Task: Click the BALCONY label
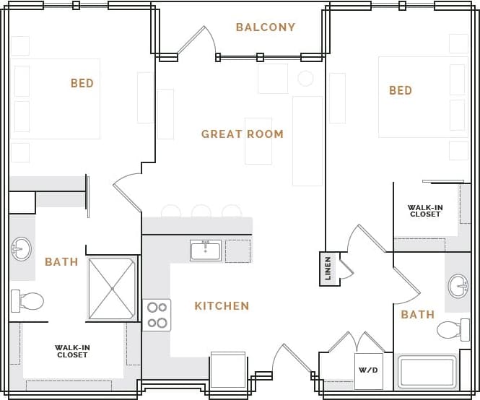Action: [x=266, y=27]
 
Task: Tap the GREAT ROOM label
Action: [x=243, y=134]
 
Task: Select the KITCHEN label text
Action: [x=222, y=306]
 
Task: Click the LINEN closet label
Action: [x=328, y=269]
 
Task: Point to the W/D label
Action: [x=368, y=370]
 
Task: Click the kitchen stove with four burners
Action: [x=157, y=315]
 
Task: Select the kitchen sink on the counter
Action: [x=206, y=251]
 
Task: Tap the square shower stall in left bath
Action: [x=112, y=289]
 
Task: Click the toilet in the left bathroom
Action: [x=27, y=300]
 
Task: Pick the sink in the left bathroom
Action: [x=22, y=249]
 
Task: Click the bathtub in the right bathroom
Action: [x=427, y=372]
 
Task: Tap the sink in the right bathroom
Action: [x=458, y=286]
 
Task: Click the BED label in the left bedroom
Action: [x=82, y=84]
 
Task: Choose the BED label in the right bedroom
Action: [x=401, y=91]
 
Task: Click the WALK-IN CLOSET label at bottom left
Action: [x=72, y=352]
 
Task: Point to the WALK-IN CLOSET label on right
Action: [x=425, y=211]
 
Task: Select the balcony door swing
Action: [x=196, y=42]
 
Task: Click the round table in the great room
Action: [x=305, y=79]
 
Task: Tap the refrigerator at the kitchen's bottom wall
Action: [x=228, y=371]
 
